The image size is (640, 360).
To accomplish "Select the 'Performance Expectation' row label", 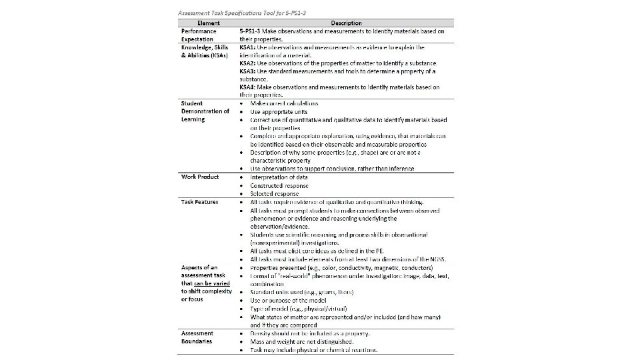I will pyautogui.click(x=199, y=35).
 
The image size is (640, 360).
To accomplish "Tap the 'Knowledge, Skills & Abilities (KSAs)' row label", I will pyautogui.click(x=205, y=51).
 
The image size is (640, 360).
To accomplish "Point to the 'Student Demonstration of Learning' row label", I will pyautogui.click(x=205, y=111).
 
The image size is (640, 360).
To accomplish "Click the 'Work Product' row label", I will pyautogui.click(x=200, y=177).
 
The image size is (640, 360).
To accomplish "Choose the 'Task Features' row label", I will pyautogui.click(x=200, y=202).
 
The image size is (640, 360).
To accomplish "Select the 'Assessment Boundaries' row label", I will pyautogui.click(x=197, y=337).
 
